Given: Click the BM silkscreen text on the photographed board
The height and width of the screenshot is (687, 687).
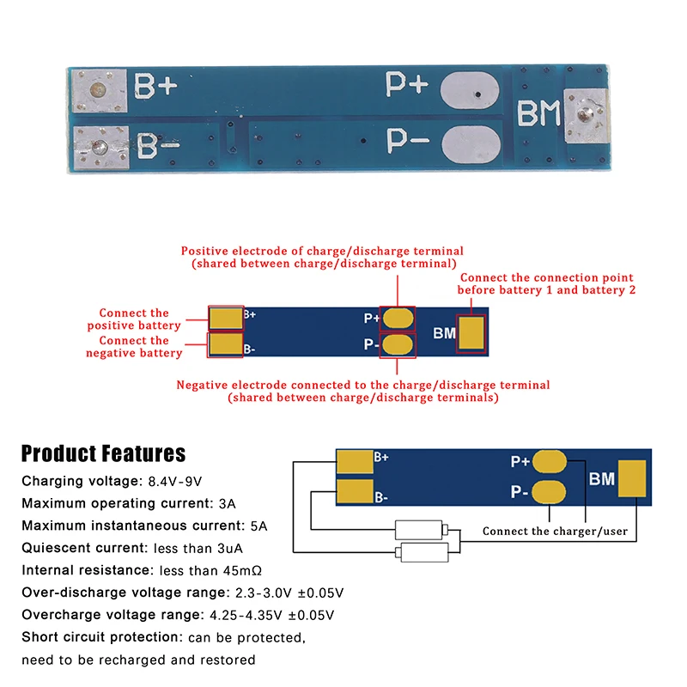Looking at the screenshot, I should (538, 115).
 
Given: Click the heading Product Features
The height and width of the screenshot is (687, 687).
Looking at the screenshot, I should (103, 453).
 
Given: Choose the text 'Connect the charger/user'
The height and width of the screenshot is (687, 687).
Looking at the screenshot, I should (555, 532).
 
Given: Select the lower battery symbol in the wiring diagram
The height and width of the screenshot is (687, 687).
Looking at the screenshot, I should (420, 553).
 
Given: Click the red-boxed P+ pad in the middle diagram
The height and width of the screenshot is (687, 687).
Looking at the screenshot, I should (398, 318).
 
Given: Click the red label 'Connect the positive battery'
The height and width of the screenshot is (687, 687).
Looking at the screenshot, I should (134, 319).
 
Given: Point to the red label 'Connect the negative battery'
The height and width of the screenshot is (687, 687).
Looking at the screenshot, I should (134, 347).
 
